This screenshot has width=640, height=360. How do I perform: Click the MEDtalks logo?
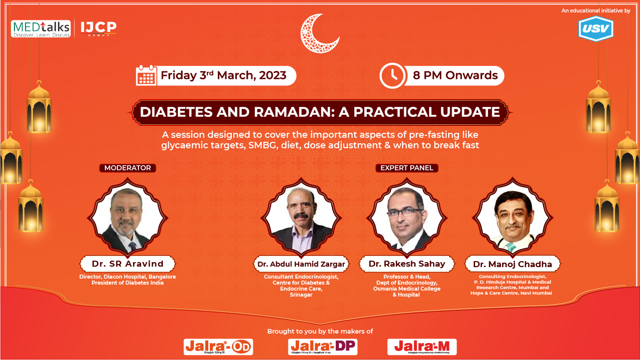pos(40,29)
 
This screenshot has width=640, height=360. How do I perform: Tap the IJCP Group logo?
pos(99,28)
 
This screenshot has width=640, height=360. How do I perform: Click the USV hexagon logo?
pos(596,29)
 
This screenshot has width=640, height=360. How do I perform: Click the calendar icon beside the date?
pos(146,75)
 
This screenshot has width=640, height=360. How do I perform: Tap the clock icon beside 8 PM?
pos(392,75)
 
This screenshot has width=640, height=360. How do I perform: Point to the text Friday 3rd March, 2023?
pos(223,75)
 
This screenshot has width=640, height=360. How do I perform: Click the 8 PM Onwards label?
pos(455,75)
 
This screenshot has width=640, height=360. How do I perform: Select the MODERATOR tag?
pos(127,168)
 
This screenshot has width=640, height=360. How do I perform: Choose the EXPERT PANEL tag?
pos(407,168)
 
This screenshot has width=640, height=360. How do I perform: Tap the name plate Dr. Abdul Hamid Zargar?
pos(300,264)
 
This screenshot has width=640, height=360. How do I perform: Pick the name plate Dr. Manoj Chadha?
pos(513,264)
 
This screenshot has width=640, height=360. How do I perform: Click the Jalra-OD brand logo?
pos(218,347)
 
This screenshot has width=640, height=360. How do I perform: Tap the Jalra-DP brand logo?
pos(323,347)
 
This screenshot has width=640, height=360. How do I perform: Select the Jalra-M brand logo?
pos(422,347)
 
